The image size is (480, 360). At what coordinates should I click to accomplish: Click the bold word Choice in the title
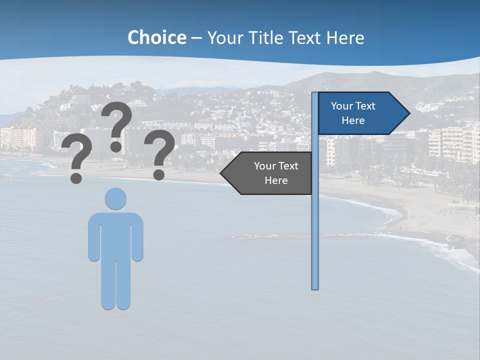pyautogui.click(x=156, y=37)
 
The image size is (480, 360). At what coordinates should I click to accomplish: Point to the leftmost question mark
pyautogui.click(x=76, y=159)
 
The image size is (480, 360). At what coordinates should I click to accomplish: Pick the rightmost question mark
pyautogui.click(x=159, y=152)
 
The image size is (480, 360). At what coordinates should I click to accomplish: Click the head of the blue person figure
pyautogui.click(x=115, y=198)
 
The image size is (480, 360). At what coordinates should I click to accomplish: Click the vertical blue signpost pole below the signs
pyautogui.click(x=314, y=240)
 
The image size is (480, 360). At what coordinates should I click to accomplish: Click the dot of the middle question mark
pyautogui.click(x=116, y=146)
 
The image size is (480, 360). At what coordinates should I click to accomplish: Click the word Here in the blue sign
pyautogui.click(x=353, y=120)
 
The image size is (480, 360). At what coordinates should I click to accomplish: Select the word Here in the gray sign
pyautogui.click(x=276, y=180)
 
